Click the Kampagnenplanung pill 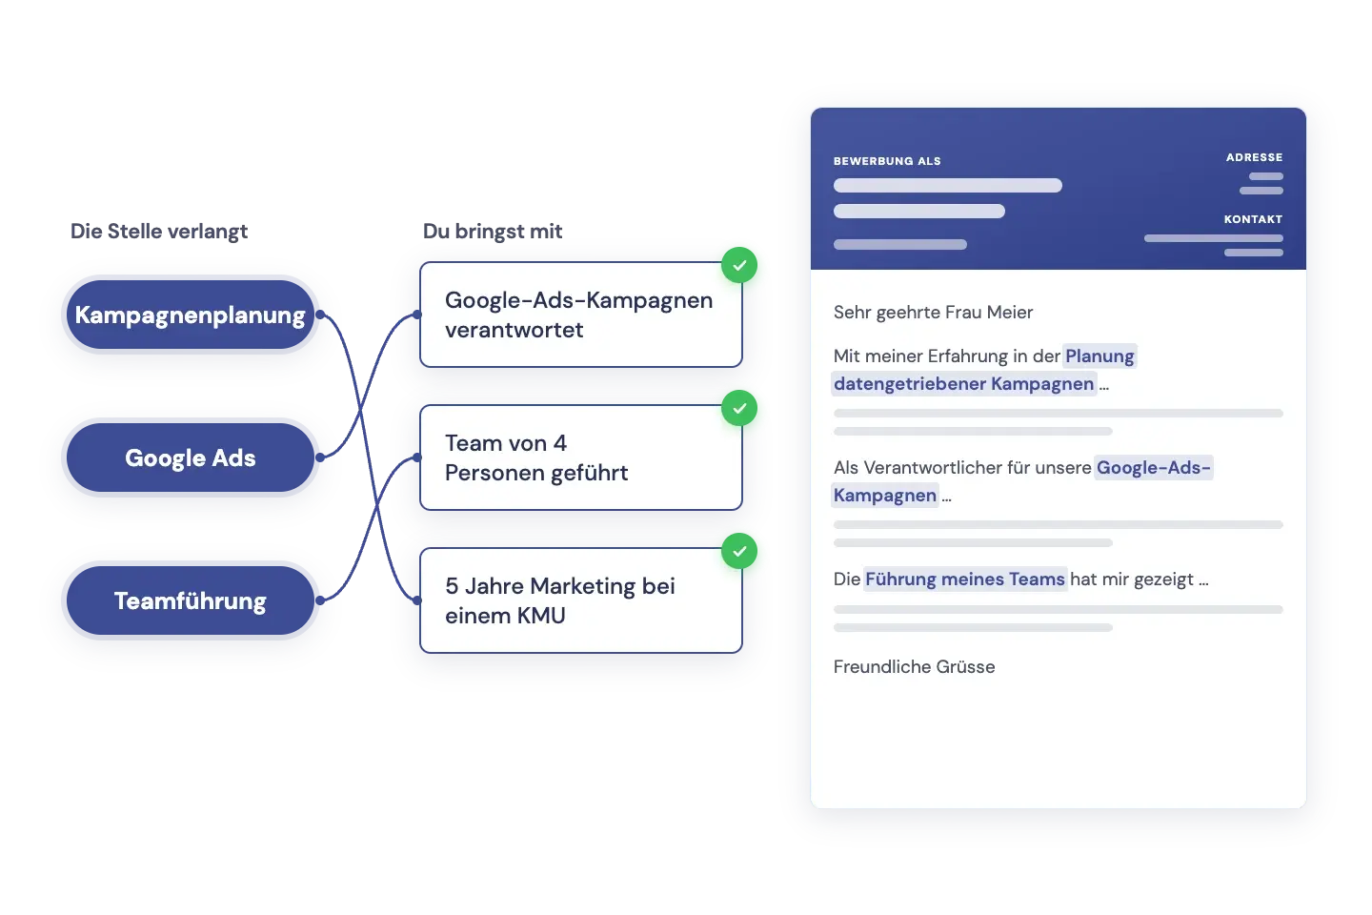point(191,315)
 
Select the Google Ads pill point(191,457)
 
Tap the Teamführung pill point(191,600)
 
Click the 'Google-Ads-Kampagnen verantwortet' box point(580,315)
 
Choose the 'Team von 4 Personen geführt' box point(580,457)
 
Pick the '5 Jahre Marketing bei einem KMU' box point(580,600)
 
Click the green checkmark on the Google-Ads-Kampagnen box point(739,265)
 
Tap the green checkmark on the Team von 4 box point(739,408)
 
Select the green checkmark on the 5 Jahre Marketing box point(739,551)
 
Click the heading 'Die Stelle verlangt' point(158,231)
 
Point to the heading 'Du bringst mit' point(493,231)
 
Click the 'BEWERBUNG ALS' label point(887,161)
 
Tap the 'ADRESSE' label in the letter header point(1255,157)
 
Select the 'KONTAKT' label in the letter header point(1253,219)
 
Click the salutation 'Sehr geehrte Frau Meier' point(933,313)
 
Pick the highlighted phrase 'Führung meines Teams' point(965,579)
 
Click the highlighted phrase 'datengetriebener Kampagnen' point(964,384)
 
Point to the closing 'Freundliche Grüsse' point(914,667)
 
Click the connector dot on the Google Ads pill point(320,457)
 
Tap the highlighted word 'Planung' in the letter point(1100,356)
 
